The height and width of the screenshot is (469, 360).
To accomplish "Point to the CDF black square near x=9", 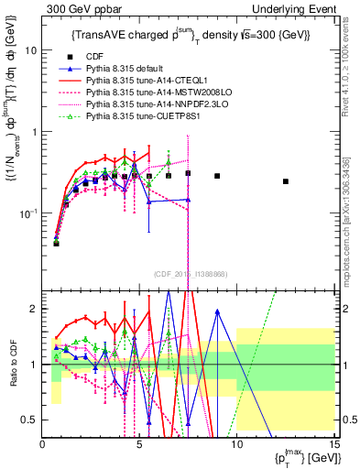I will click(x=217, y=176).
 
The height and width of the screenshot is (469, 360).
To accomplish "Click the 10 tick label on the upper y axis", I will click(x=30, y=51).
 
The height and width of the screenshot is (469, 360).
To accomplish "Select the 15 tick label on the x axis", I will click(x=333, y=444).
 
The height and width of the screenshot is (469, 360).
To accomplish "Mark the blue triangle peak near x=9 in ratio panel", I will click(x=217, y=311).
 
